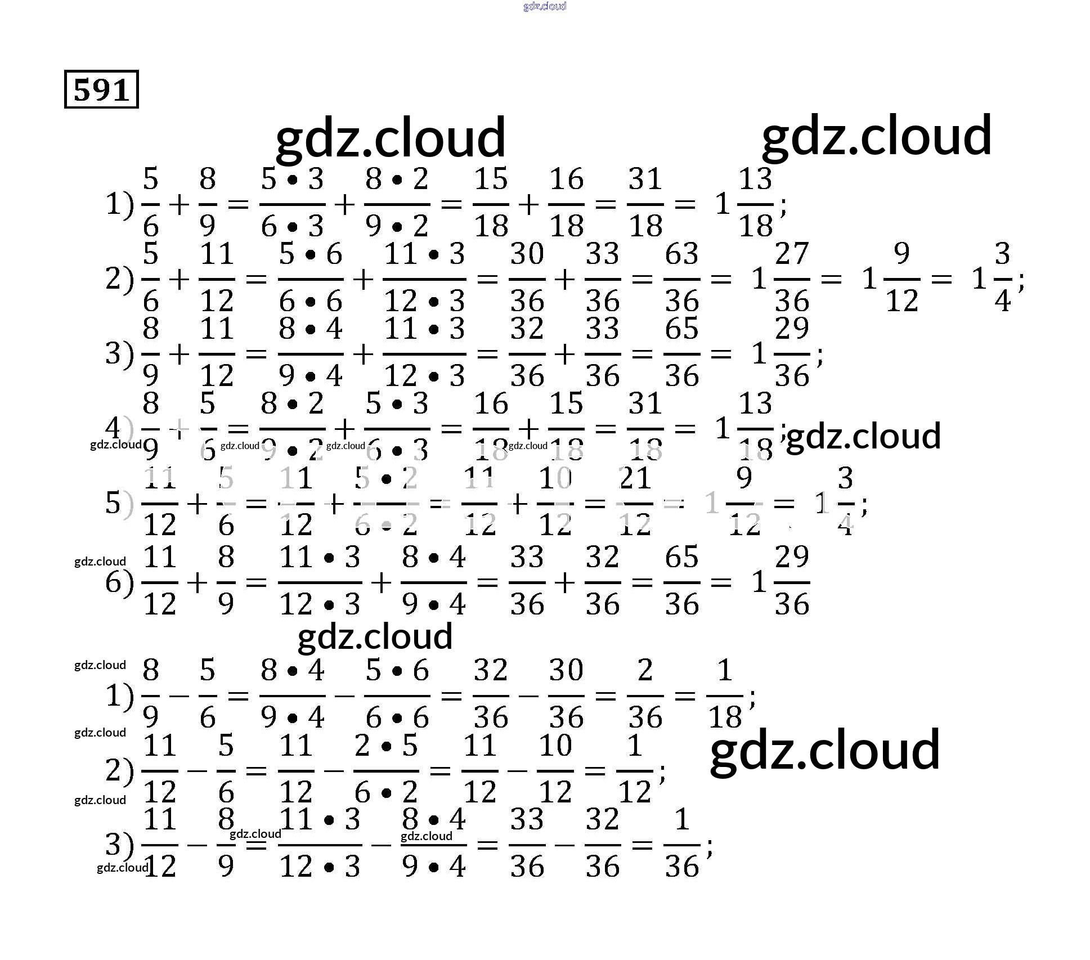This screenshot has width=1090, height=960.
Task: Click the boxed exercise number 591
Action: point(101,89)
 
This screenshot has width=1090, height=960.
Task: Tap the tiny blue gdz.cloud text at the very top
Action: point(544,6)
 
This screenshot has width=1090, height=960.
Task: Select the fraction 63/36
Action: point(681,278)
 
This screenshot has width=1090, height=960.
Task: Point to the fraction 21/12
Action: point(635,502)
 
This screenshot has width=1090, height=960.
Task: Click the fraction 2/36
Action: point(645,694)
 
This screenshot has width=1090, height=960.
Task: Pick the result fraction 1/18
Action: point(725,694)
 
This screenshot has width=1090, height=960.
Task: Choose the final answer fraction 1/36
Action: point(681,844)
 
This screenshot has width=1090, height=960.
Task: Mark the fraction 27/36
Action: point(792,278)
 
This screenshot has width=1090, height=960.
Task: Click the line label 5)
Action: point(119,502)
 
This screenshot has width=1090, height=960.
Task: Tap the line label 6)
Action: point(119,582)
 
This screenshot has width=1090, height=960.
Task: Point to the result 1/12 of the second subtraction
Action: point(635,769)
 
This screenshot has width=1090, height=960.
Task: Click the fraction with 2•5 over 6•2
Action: point(386,769)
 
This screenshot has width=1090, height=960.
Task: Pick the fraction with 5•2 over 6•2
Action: point(386,502)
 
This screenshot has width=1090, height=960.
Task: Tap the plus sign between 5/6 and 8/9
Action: point(179,204)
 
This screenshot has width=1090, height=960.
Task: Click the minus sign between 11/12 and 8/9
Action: point(197,844)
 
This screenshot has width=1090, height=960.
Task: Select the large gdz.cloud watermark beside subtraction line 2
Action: point(824,750)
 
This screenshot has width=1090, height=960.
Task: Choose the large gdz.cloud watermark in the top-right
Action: point(876,136)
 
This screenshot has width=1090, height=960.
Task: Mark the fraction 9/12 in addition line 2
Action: point(901,278)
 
